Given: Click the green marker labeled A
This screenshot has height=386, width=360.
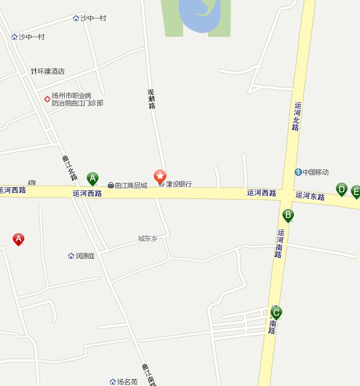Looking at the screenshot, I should tap(92, 179).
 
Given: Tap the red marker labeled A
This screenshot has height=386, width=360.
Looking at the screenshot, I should tap(19, 239).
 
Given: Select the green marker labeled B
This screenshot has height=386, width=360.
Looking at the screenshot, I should tap(288, 216).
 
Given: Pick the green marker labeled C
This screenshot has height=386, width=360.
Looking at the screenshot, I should tap(276, 312).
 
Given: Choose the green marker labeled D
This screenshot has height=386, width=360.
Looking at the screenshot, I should tap(341, 189).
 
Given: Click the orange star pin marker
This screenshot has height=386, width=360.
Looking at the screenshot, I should tap(160, 176).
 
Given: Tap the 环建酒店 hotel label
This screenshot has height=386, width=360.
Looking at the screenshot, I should tap(51, 72).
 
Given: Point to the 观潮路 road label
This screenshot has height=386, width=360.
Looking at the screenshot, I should tap(151, 99).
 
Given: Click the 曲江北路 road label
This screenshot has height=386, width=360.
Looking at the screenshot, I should tap(69, 168).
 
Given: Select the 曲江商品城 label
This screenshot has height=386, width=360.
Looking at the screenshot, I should tap(131, 185).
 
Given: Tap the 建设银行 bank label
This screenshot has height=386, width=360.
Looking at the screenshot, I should tap(179, 185).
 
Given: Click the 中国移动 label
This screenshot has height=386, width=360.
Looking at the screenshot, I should tap(316, 172).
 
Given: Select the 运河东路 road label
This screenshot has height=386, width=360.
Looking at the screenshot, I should tap(310, 196).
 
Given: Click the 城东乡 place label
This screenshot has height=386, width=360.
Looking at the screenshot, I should tap(148, 238).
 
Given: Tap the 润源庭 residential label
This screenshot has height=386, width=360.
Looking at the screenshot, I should tap(85, 256).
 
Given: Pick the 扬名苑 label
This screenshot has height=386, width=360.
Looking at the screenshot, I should tap(126, 381).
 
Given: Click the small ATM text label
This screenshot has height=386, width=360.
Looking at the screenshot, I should tap(32, 183).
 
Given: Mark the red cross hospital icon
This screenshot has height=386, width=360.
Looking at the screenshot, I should tap(46, 99).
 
